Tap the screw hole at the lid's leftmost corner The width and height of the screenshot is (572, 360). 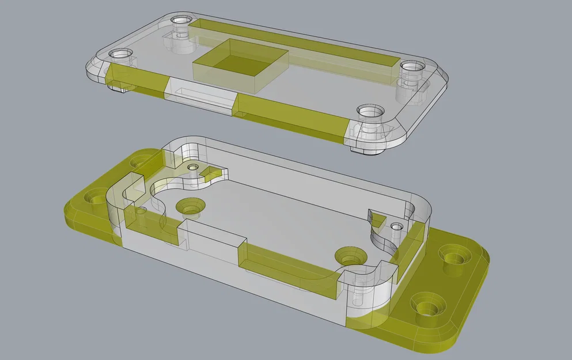pos(120,54)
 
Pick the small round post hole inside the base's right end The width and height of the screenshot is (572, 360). pos(395,227)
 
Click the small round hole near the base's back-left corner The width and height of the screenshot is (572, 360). pos(192,167)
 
